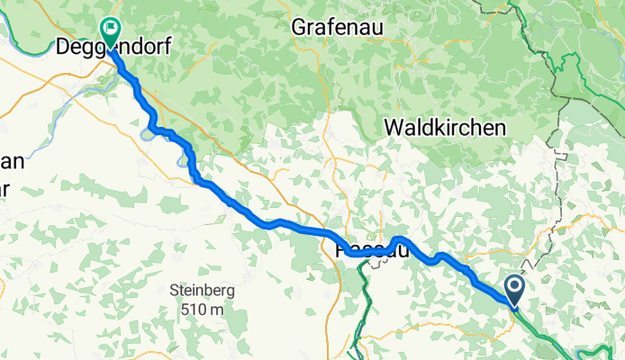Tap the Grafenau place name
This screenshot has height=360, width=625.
338,28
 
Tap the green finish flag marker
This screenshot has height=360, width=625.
111,32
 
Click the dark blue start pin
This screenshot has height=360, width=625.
515,291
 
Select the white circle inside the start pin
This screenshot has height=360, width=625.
515,287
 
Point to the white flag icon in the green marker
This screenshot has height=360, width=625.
111,28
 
